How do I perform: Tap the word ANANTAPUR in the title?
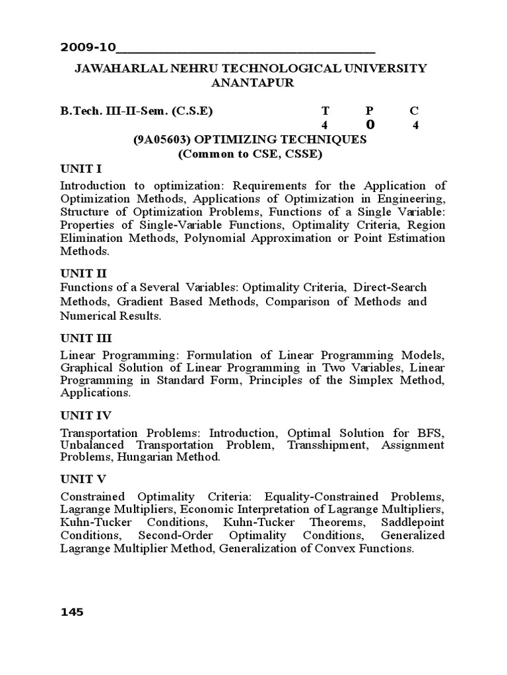(253, 83)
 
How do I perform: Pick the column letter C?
(414, 111)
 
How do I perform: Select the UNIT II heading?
(83, 273)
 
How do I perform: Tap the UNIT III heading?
(86, 338)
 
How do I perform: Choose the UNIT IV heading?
(86, 415)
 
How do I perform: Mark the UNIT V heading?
(83, 479)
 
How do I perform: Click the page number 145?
(72, 612)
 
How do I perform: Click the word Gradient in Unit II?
(133, 301)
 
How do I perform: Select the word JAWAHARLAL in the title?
(117, 69)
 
